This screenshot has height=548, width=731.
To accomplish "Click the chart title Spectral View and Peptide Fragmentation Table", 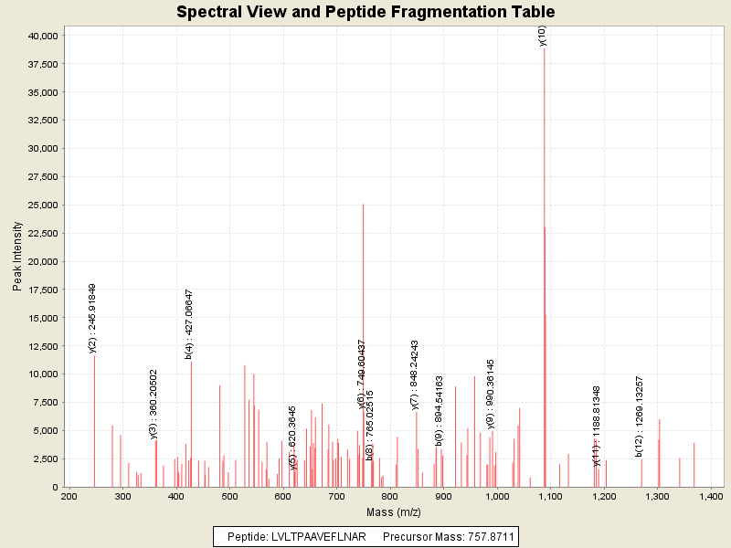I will [x=365, y=12].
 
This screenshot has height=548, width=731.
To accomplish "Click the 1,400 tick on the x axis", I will [x=711, y=496].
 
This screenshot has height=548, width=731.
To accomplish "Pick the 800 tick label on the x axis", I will [x=390, y=496].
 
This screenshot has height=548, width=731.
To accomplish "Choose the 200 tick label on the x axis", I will [x=69, y=496].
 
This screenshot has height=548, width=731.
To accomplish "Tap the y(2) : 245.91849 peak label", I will [x=92, y=318].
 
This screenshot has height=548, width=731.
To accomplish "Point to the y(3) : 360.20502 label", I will [x=154, y=404].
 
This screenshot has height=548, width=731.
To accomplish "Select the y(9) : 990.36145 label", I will [x=491, y=394].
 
